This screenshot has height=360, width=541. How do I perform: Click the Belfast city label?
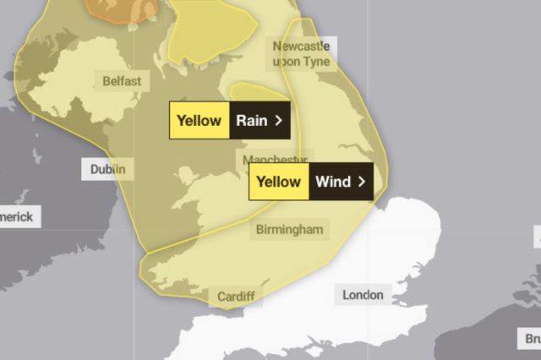tap(122, 81)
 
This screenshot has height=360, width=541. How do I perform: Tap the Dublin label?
tap(107, 169)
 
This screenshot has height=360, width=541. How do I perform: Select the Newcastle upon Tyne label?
tap(301, 53)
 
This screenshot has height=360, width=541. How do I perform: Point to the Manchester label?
tap(274, 160)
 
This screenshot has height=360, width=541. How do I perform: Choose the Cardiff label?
tap(235, 297)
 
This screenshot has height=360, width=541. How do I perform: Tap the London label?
tap(363, 295)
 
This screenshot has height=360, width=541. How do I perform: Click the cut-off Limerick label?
tap(16, 217)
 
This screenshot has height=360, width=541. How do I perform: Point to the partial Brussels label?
tap(533, 338)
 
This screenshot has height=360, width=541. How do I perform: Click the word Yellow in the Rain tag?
tap(199, 120)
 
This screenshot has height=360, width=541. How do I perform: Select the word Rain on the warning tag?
tap(251, 120)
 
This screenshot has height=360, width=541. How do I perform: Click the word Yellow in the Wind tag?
tap(278, 181)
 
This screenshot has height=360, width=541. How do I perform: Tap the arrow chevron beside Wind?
tap(362, 181)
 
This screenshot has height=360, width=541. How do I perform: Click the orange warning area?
tap(118, 8)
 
